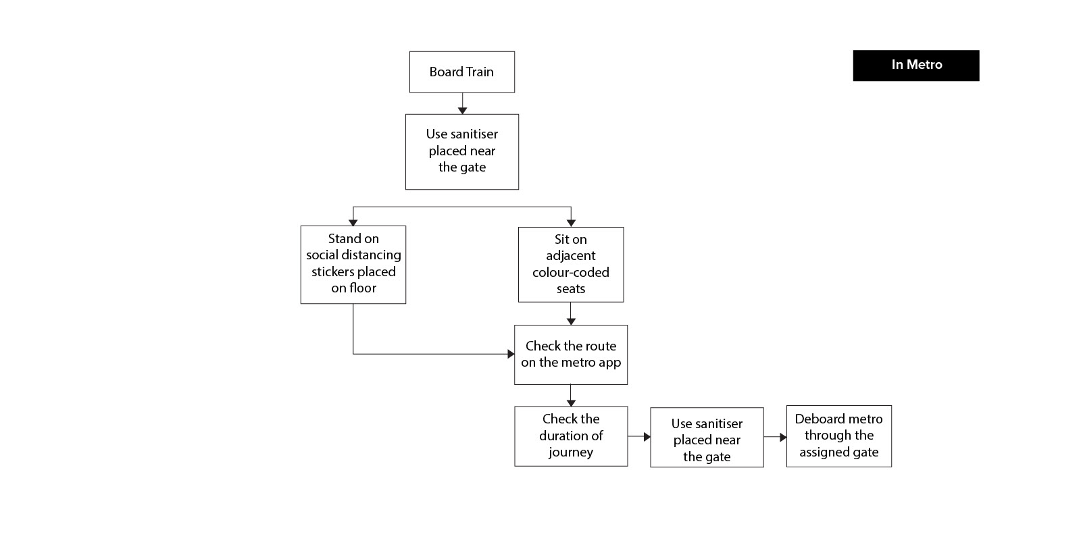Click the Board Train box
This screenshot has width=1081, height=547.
coord(462,72)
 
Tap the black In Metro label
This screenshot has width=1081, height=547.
coord(916,65)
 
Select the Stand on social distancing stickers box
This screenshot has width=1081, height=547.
coord(353,264)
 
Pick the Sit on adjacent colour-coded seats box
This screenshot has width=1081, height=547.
coord(571,264)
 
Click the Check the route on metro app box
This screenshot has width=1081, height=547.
coord(571,355)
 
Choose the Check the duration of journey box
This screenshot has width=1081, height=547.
coord(571,436)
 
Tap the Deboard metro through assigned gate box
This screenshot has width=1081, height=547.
coord(838,436)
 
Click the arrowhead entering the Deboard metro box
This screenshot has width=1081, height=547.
coord(783,438)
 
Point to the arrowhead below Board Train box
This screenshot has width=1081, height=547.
coord(462,111)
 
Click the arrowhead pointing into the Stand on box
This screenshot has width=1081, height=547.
coord(353,222)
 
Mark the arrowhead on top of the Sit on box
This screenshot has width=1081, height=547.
coord(571,223)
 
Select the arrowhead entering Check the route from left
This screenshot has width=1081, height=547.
coord(511,354)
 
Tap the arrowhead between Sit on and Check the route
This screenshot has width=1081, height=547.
coord(571,321)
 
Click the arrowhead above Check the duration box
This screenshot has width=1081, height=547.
coord(571,402)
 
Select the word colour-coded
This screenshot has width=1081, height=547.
coord(571,272)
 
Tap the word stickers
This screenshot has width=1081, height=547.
coord(330,272)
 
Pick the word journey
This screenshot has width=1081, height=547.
coord(571,452)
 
